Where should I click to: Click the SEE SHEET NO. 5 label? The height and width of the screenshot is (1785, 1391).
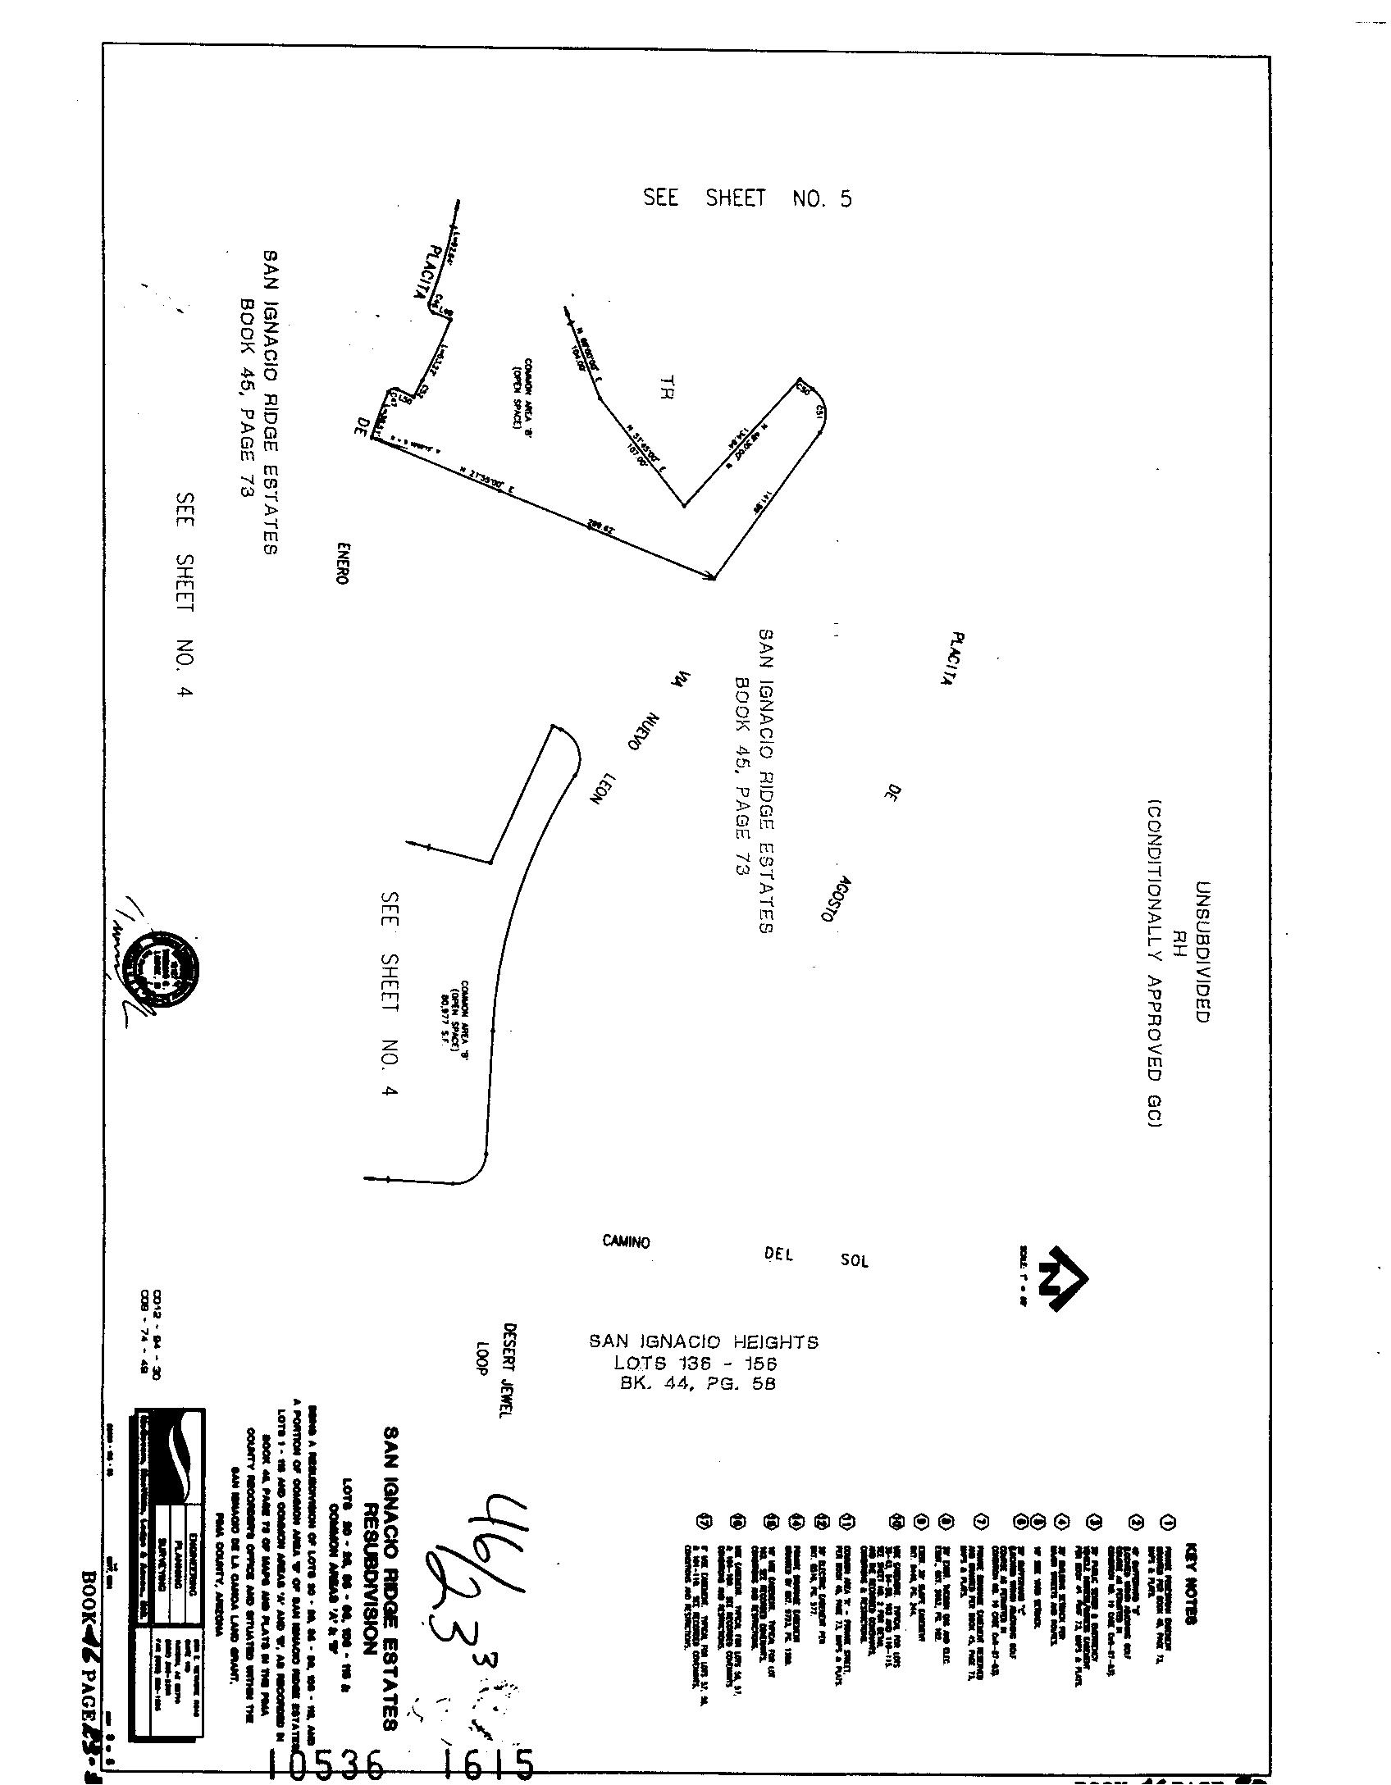coord(747,198)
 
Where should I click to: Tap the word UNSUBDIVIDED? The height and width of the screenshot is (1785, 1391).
coord(1202,952)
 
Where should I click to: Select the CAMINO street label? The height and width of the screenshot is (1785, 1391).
coord(626,1242)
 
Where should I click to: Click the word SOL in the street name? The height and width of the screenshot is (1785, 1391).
coord(854,1261)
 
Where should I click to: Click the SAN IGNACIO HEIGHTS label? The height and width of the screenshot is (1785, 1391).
coord(704,1342)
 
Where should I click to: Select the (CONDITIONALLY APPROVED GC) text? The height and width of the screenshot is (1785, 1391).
coord(1156,963)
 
